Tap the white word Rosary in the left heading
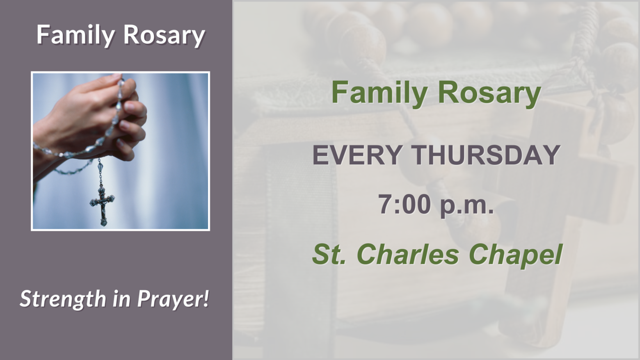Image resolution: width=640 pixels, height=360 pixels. point(164,35)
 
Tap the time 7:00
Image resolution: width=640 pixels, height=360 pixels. point(405,204)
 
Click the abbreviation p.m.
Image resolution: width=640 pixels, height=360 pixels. point(467,205)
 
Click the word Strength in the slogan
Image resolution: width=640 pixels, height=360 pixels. point(63,299)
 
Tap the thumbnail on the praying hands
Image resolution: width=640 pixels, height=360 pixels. point(129,106)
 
